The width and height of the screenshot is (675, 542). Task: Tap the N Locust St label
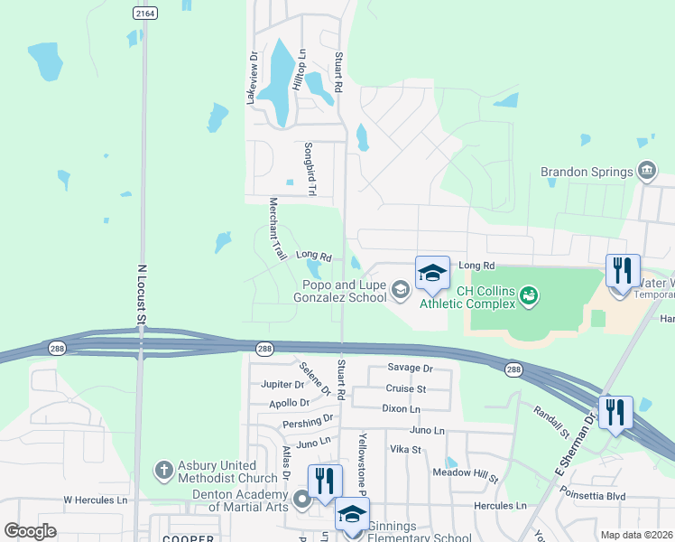click(x=141, y=294)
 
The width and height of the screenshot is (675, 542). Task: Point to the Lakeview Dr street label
click(x=253, y=77)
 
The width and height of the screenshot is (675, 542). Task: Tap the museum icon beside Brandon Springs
click(x=646, y=171)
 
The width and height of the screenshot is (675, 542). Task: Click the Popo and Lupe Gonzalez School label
click(x=344, y=291)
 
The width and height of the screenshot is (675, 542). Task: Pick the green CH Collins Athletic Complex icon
click(x=530, y=294)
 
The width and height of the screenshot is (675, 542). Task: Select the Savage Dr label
click(x=411, y=369)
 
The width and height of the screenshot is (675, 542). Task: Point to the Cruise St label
click(x=406, y=388)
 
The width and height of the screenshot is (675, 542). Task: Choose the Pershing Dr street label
click(x=308, y=422)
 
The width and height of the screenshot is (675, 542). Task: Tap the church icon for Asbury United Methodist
click(x=162, y=470)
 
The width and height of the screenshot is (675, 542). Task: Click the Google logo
click(x=30, y=530)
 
